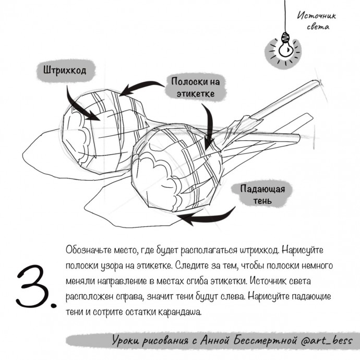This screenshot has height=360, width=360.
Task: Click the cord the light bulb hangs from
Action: click(x=285, y=16)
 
